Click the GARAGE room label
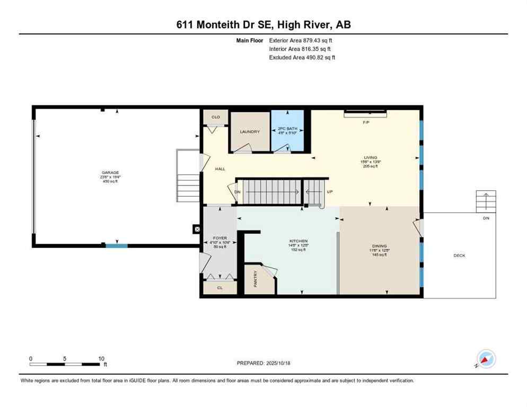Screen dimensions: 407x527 [111, 172]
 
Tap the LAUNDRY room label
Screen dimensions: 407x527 [250, 131]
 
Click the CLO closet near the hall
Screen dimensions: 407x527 [216, 117]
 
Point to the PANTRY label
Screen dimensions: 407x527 [255, 280]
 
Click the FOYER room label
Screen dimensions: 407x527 [219, 238]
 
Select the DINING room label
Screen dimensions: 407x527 [379, 246]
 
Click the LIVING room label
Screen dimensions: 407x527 [371, 157]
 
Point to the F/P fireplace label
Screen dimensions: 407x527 [366, 122]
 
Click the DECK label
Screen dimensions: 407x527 [459, 255]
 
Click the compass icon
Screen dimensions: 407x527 [486, 359]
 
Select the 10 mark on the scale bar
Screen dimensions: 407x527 [101, 358]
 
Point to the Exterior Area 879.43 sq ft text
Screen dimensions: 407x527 [302, 40]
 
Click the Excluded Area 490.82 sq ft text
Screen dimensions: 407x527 [302, 57]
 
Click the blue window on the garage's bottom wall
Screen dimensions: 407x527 [116, 245]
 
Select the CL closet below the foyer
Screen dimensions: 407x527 [219, 288]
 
